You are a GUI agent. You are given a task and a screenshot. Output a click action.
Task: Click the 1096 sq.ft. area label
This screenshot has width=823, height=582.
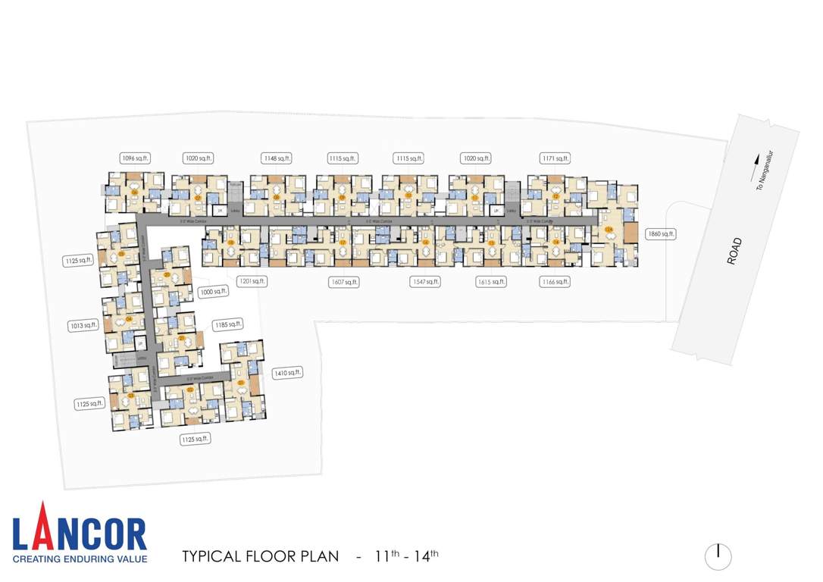(136, 158)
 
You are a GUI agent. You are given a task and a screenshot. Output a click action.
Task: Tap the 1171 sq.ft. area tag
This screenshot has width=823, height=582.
(555, 158)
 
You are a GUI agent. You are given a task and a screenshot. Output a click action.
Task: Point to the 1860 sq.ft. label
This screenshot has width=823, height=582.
(659, 234)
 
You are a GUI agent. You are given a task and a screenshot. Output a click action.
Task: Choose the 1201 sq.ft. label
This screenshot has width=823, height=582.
(252, 281)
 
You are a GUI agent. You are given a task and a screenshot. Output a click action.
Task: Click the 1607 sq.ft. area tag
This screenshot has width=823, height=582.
(343, 282)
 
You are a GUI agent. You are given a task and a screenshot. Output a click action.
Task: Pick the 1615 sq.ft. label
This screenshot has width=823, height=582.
(490, 282)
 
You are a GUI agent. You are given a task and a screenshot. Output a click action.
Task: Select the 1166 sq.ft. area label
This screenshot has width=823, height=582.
(555, 282)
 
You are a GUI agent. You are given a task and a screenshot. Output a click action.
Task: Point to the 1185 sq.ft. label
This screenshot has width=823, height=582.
(227, 324)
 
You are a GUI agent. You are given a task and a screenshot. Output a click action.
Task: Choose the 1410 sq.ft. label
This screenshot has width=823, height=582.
(288, 372)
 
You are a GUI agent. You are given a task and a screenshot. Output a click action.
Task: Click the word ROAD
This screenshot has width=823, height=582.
(734, 251)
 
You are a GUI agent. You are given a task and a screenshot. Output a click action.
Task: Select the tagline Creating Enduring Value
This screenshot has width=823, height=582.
(80, 559)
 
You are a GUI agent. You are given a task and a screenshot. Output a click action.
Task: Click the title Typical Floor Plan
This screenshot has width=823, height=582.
(260, 556)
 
